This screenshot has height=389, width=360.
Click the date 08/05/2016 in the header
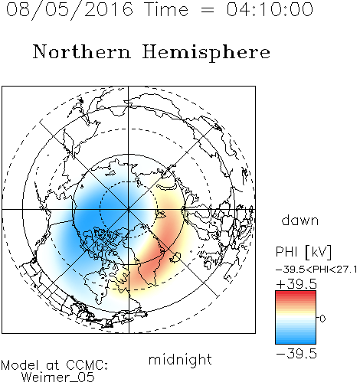(70, 10)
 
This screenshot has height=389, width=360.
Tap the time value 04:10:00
(270, 9)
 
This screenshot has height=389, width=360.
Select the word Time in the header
(166, 9)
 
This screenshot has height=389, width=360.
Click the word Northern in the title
(82, 51)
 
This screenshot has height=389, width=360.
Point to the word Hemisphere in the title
(206, 53)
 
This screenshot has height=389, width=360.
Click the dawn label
(300, 220)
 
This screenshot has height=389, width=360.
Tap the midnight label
(180, 360)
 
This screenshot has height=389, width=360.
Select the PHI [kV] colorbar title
(304, 252)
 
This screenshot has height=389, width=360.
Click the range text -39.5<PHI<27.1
(316, 270)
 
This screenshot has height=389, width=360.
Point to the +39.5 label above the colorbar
(296, 284)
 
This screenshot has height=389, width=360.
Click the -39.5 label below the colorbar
(296, 354)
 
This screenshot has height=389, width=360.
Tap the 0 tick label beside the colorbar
(322, 319)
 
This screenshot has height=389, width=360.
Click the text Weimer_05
(58, 378)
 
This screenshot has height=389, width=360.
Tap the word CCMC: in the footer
(87, 365)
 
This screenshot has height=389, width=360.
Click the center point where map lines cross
(129, 210)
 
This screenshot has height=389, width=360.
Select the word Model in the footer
(21, 365)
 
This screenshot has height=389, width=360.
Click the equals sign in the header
(208, 10)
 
